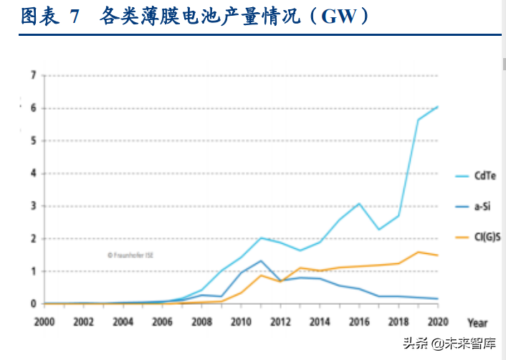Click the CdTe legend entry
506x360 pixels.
coord(484,175)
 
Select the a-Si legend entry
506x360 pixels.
coord(482,206)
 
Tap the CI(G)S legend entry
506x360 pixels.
coord(487,237)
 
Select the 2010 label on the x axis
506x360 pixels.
coord(241,323)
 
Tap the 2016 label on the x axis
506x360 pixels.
coord(359,323)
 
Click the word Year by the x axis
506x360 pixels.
coord(478,323)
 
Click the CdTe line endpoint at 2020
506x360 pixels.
coord(438,106)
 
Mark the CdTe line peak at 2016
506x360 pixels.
coord(360,204)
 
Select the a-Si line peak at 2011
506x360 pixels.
coord(261,261)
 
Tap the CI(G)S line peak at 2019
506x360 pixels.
coord(419,252)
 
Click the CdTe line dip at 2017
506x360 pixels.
coord(379,229)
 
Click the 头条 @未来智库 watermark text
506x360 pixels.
coord(451,343)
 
